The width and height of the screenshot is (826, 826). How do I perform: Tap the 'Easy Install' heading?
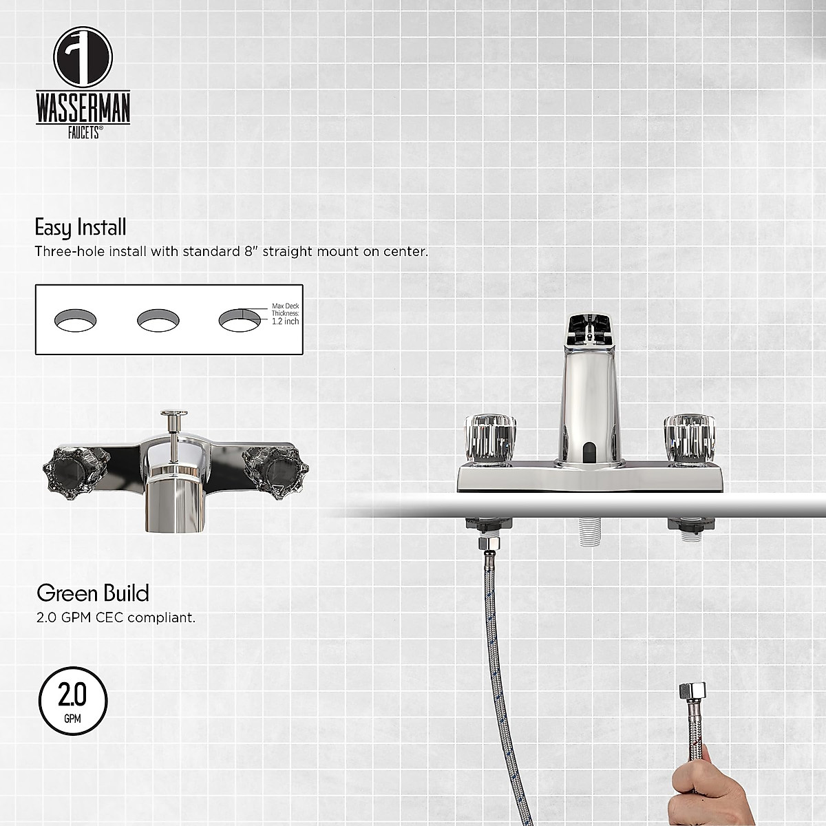81,227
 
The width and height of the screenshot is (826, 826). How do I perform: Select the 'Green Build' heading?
92,593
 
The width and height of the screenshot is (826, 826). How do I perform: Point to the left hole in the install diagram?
75,320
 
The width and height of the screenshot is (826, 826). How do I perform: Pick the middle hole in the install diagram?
158,320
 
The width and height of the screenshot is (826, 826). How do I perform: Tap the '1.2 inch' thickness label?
285,321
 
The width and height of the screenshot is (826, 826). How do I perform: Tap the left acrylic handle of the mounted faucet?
491,434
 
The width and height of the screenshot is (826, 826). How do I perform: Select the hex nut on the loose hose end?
690,691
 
